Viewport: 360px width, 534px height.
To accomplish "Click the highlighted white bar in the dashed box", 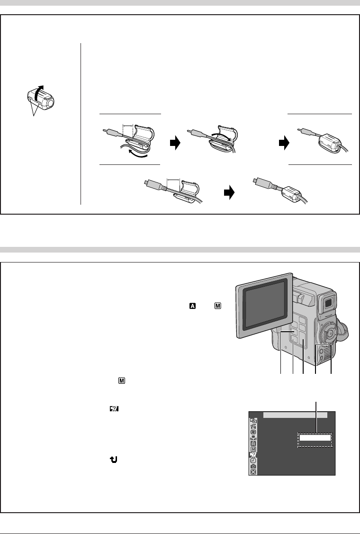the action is [x=315, y=440].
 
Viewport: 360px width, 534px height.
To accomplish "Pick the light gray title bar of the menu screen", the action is [x=295, y=415].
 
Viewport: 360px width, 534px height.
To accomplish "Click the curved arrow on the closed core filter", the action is [x=40, y=92].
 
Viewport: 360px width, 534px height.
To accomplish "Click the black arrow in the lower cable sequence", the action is [x=229, y=193].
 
